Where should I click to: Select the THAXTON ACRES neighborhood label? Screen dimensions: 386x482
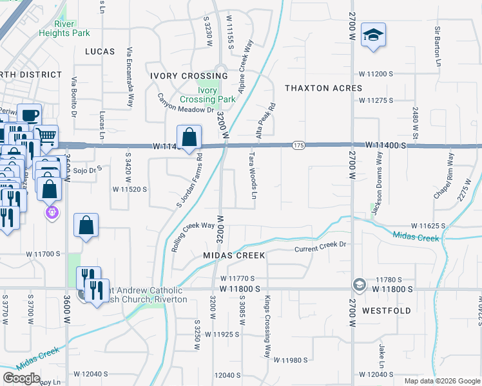click(323, 88)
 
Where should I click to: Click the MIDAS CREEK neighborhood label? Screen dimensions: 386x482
click(235, 255)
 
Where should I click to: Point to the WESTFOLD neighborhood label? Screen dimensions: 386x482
click(387, 310)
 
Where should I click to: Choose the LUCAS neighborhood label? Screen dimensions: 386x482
click(99, 51)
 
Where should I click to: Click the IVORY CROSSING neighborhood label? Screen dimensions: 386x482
click(180, 76)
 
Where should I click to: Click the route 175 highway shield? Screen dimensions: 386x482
click(298, 146)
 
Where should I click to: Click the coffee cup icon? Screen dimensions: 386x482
click(29, 116)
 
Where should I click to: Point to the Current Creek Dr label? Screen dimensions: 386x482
click(320, 246)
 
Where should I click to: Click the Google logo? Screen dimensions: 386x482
click(21, 378)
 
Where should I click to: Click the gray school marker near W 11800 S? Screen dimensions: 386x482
click(360, 284)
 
